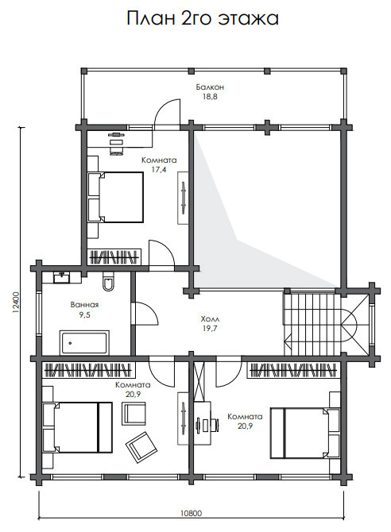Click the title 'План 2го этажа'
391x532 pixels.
click(203, 18)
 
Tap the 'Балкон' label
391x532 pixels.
click(210, 87)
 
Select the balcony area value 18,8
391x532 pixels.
click(210, 97)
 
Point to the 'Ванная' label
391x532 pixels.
click(84, 305)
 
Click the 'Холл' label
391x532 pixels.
click(210, 319)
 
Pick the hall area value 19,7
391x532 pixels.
click(210, 329)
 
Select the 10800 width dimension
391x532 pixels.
click(191, 513)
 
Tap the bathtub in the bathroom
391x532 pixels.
click(84, 342)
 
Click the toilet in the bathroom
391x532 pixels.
click(108, 282)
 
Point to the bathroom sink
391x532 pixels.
click(61, 278)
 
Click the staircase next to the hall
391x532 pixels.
click(312, 324)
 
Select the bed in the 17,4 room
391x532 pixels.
click(115, 197)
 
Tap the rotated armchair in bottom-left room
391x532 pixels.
click(141, 447)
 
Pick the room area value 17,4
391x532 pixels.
click(159, 170)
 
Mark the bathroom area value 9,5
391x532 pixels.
click(84, 315)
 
